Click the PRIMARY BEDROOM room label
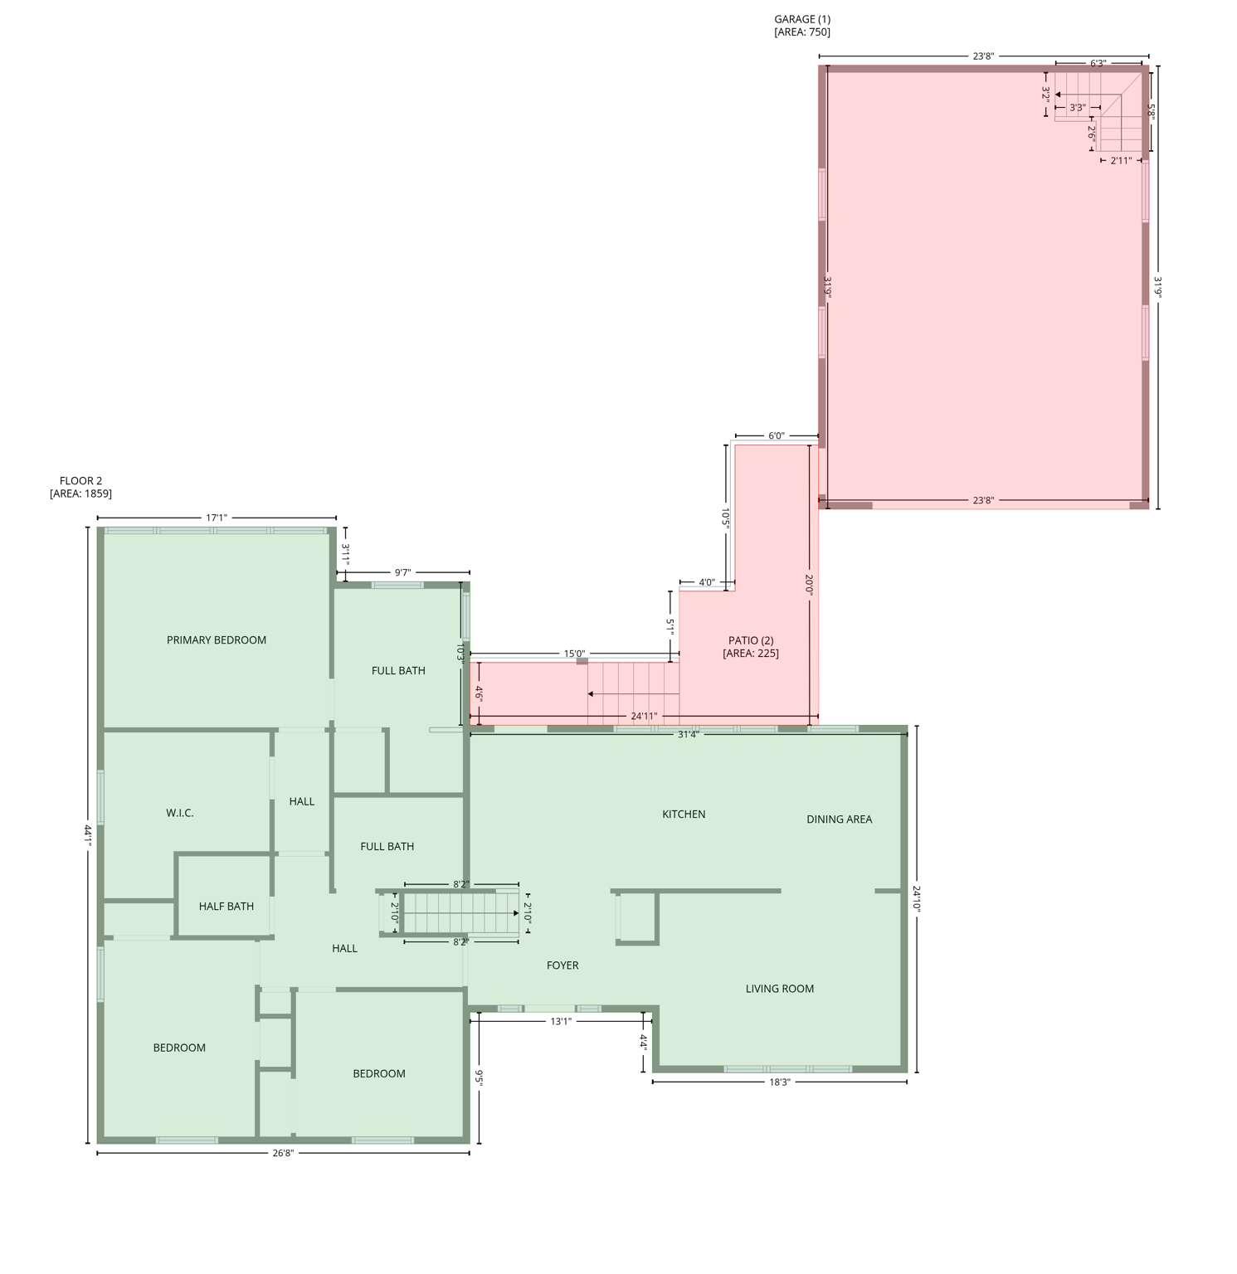click(x=217, y=640)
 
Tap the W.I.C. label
click(x=180, y=813)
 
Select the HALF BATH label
click(x=226, y=907)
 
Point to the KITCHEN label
click(x=684, y=814)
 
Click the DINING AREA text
click(x=839, y=819)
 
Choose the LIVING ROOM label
click(x=779, y=989)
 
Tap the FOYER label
click(x=562, y=965)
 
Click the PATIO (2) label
click(x=751, y=640)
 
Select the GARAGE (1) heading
click(x=802, y=19)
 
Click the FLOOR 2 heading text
click(x=80, y=481)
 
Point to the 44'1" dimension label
click(x=87, y=834)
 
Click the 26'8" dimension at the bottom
click(x=283, y=1153)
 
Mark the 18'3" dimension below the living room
click(x=779, y=1082)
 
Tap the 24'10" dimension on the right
click(x=917, y=898)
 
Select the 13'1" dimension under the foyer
click(x=561, y=1021)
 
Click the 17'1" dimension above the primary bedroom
click(x=217, y=518)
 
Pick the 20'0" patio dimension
click(x=809, y=585)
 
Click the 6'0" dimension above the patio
click(x=776, y=436)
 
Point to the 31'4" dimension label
click(x=688, y=734)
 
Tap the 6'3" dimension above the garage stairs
click(x=1098, y=63)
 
